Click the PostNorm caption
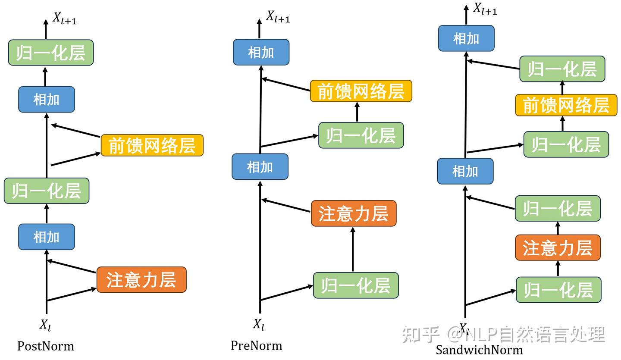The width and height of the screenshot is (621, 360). (45, 346)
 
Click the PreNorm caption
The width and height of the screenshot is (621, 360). (256, 345)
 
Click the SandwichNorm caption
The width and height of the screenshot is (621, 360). (479, 350)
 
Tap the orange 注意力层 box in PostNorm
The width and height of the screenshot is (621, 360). (141, 280)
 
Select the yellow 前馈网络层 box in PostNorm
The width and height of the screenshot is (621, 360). (152, 146)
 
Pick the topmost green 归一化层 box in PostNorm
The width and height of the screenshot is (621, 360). (51, 53)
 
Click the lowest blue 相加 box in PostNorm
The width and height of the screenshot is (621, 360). (47, 237)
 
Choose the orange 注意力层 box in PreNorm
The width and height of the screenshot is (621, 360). (354, 213)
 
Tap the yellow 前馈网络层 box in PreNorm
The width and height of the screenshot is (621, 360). (361, 91)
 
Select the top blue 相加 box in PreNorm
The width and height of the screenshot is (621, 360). (261, 52)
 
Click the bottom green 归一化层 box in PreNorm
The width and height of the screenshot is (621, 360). (356, 285)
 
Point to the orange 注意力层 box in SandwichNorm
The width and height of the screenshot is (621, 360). (558, 248)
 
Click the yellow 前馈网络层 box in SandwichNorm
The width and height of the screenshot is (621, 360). (566, 105)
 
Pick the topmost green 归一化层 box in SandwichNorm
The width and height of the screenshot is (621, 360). (562, 69)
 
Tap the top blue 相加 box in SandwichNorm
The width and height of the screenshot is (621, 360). (466, 38)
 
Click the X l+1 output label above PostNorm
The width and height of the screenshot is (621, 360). (65, 18)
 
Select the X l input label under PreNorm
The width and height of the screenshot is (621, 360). (259, 325)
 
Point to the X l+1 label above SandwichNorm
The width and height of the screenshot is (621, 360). (485, 9)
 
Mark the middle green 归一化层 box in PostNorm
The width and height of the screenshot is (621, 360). (47, 191)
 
